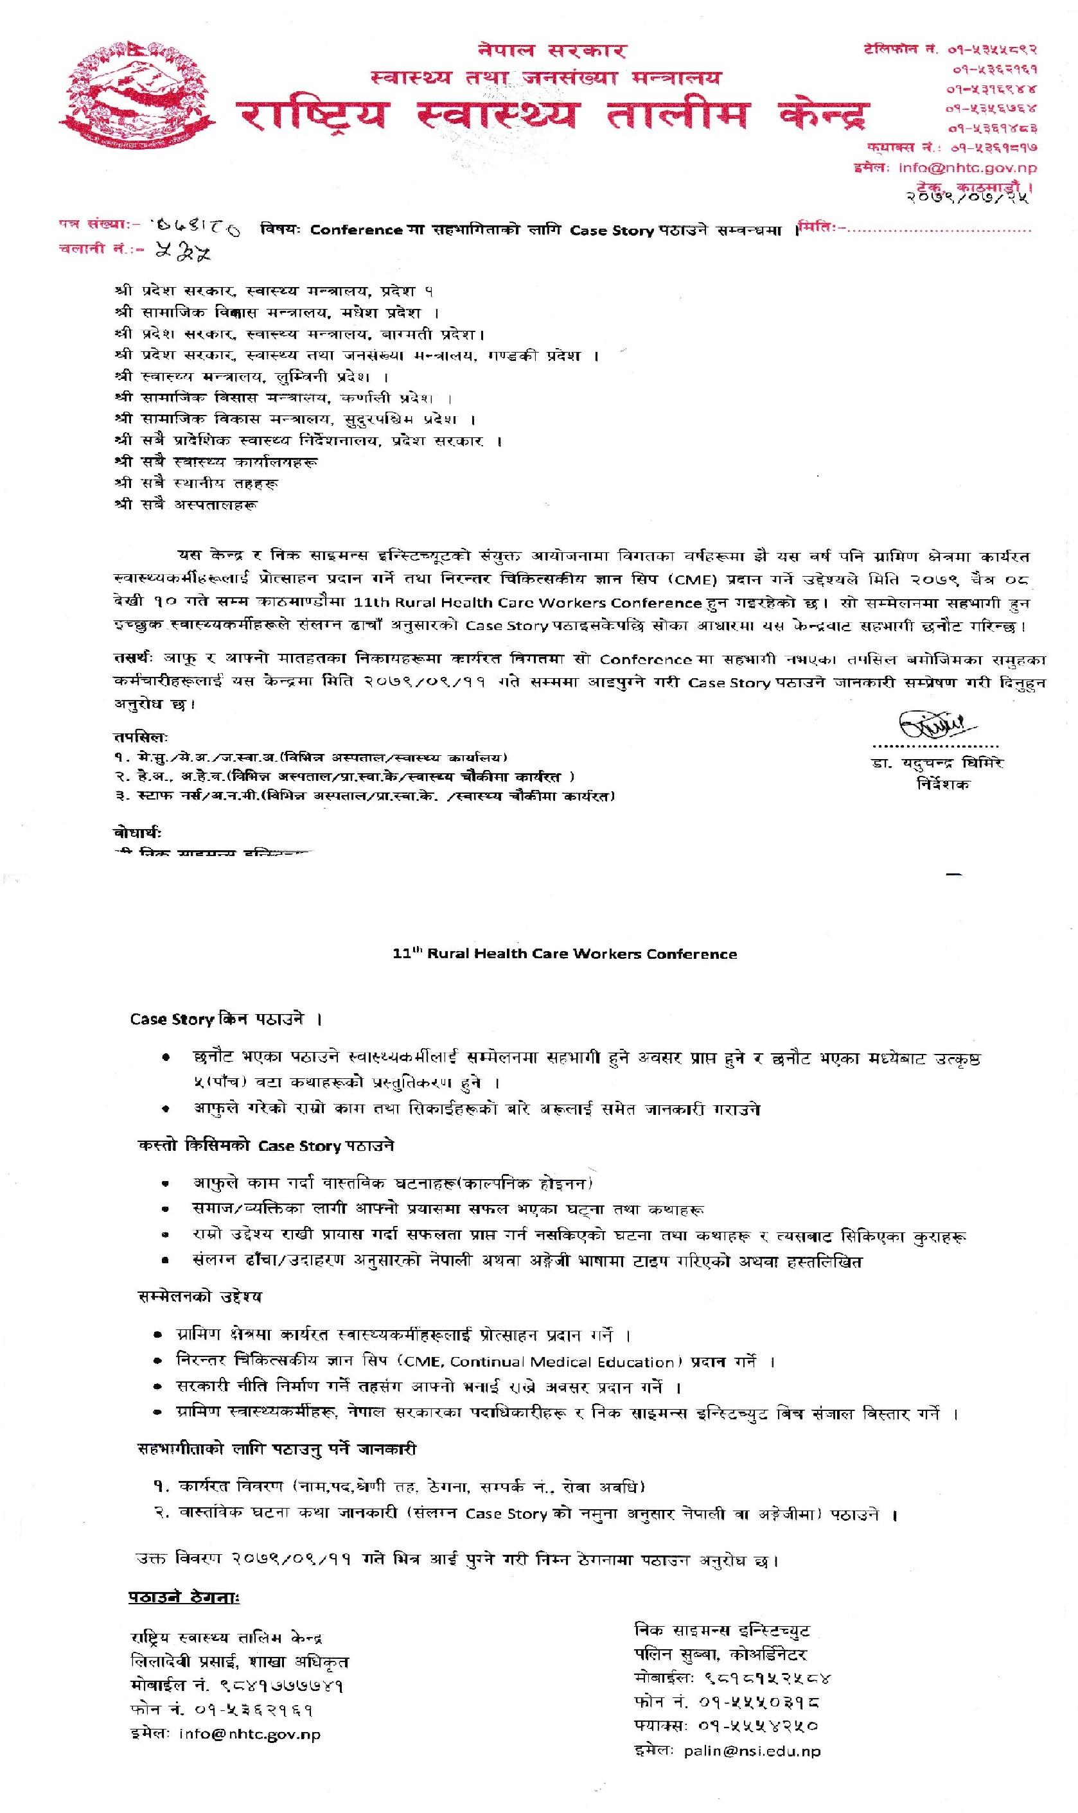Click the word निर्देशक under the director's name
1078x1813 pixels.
coord(942,784)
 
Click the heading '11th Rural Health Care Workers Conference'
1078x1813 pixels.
coord(565,954)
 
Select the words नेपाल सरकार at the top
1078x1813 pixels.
coord(552,50)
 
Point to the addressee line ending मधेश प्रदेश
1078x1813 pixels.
coord(276,313)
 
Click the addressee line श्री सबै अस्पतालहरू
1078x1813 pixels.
coord(186,504)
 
